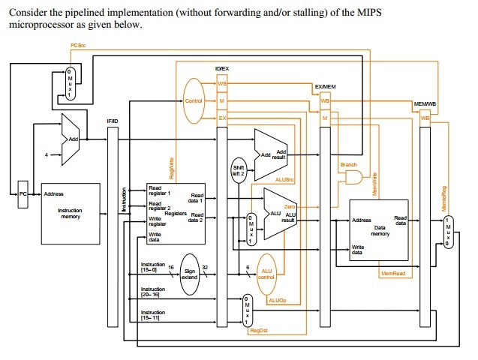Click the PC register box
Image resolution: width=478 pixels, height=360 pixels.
tap(23, 193)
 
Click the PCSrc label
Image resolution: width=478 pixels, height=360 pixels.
tap(77, 46)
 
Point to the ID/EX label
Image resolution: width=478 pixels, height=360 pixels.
tap(222, 69)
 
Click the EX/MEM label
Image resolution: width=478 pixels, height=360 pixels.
tap(324, 87)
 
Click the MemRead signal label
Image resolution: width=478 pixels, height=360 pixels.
tap(392, 274)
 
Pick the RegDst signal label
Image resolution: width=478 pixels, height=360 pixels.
tap(259, 330)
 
